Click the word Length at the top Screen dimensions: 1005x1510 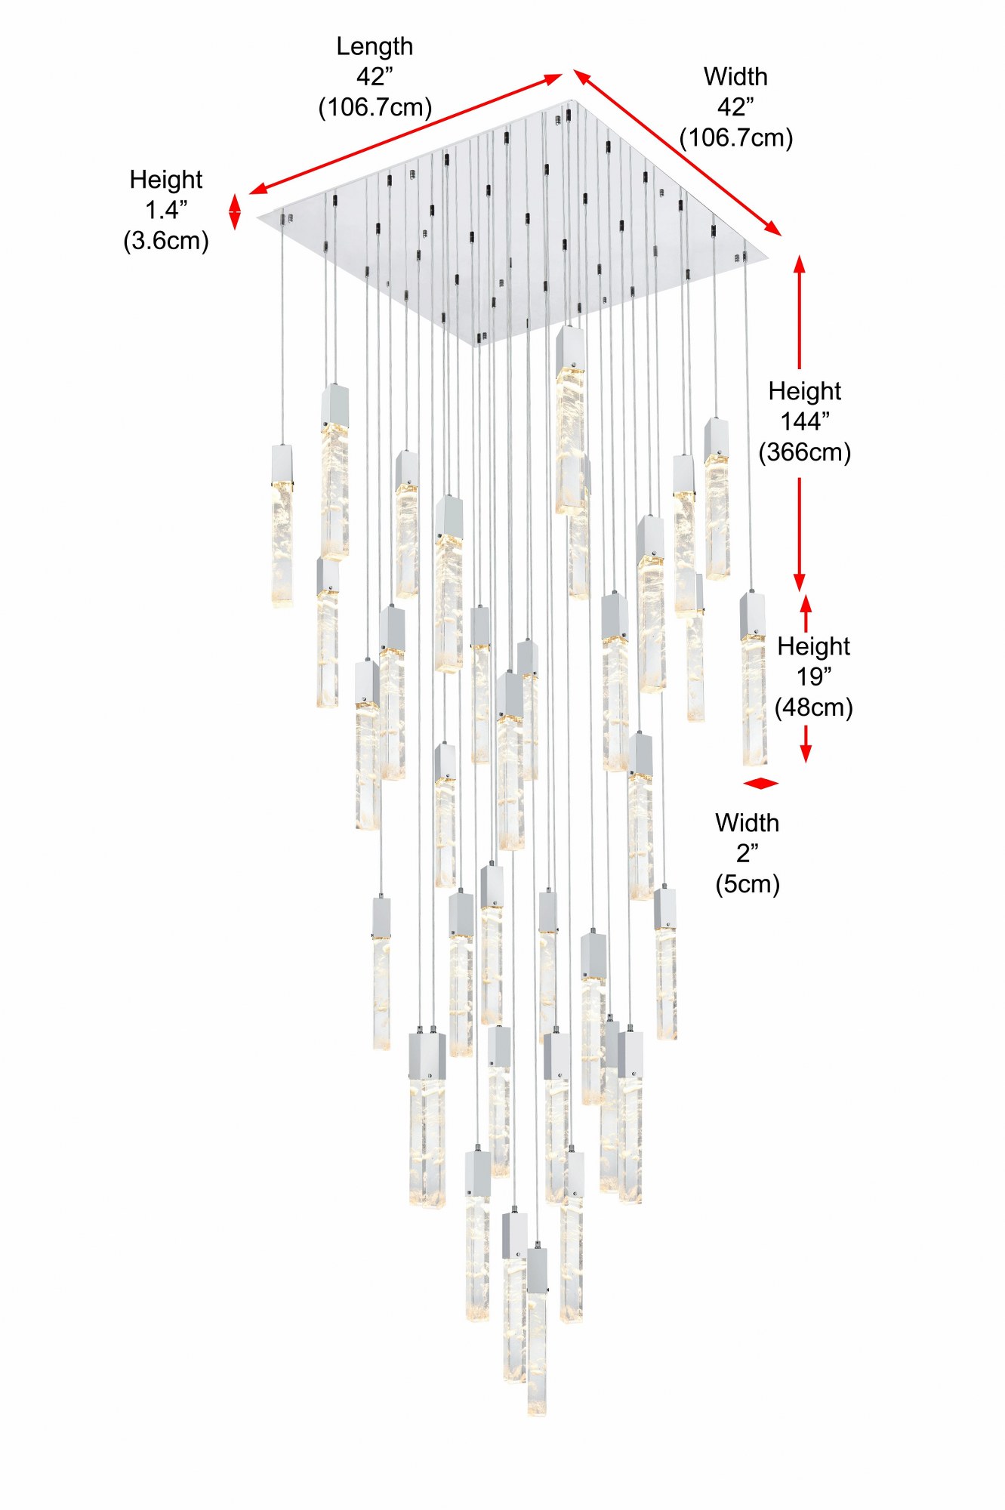point(375,48)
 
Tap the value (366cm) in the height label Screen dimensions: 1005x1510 point(805,452)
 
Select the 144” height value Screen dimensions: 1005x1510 point(805,421)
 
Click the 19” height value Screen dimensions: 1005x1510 point(814,676)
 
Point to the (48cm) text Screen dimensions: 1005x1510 point(814,707)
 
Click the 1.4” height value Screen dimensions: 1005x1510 point(166,210)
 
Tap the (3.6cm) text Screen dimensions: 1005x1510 point(166,241)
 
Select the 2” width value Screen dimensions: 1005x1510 point(748,853)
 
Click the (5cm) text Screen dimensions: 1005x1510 point(748,884)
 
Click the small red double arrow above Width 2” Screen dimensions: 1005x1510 point(760,784)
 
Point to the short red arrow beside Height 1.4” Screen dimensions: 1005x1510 point(235,211)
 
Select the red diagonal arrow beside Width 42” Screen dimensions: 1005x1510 point(677,153)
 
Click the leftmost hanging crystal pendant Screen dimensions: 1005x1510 point(282,526)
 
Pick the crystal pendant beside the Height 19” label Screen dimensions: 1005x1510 point(754,679)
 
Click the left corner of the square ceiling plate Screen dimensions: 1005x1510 point(258,217)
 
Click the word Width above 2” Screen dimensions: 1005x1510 point(748,822)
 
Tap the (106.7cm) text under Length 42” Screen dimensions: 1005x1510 point(375,107)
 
